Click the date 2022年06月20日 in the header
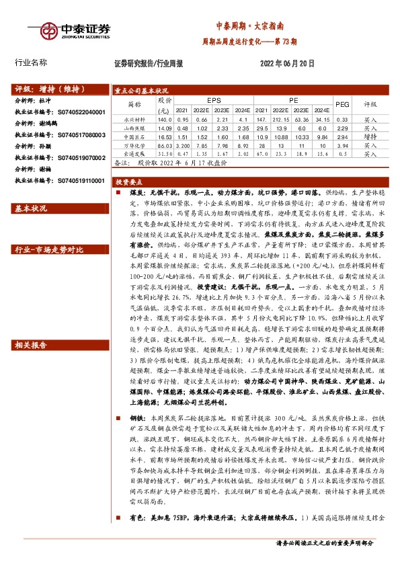pos(286,63)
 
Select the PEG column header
pos(342,104)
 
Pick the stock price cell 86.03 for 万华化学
pos(164,145)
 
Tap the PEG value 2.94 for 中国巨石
pos(342,136)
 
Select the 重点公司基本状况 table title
pos(141,89)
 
